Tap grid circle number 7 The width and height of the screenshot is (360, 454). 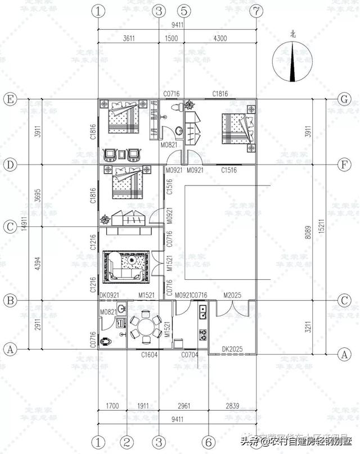point(256,11)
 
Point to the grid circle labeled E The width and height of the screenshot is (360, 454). point(9,98)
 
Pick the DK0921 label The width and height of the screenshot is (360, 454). point(109,296)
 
